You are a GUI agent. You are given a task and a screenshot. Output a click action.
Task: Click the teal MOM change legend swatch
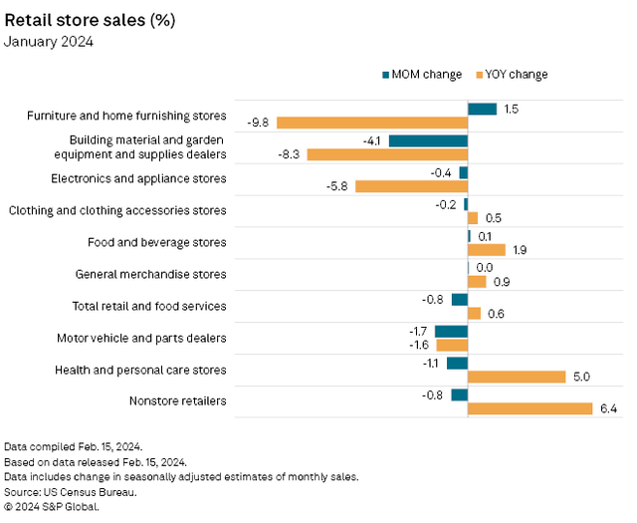click(x=386, y=75)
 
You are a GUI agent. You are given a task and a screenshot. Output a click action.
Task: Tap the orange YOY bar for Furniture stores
click(x=372, y=123)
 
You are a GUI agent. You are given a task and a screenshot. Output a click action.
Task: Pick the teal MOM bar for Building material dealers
click(x=428, y=140)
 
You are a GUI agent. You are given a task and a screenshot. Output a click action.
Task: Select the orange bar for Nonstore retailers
click(x=530, y=408)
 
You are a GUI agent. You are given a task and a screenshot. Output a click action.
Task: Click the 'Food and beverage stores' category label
click(x=157, y=242)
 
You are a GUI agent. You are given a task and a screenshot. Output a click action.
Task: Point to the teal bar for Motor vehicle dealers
click(x=451, y=331)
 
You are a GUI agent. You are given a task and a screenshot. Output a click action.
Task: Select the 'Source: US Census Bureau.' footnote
click(x=70, y=491)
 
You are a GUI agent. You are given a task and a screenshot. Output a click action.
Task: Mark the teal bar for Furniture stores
click(x=482, y=109)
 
